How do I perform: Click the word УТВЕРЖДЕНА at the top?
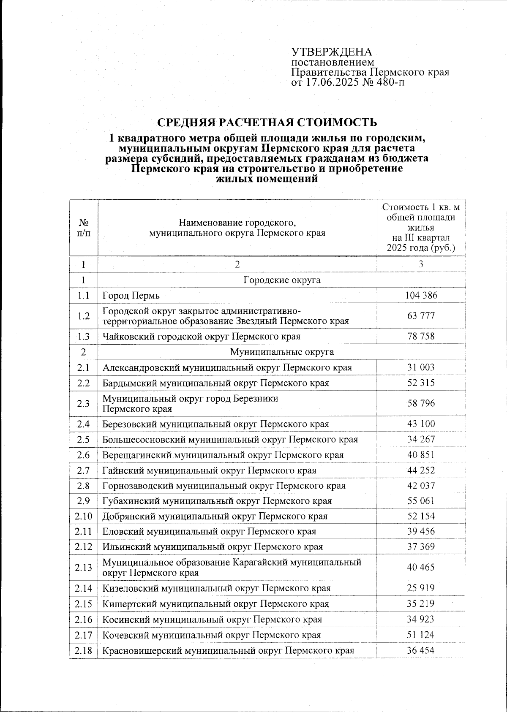(332, 52)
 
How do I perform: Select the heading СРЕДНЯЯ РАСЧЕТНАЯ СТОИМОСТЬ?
(267, 122)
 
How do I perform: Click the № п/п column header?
(84, 227)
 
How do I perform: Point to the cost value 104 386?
(421, 295)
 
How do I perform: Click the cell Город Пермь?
(131, 296)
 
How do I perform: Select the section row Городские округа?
(282, 280)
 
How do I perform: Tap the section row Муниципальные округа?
(282, 352)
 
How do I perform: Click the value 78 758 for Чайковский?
(421, 337)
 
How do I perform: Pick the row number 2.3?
(84, 403)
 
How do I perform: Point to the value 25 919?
(421, 588)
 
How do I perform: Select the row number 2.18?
(84, 650)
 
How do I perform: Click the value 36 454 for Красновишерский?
(421, 650)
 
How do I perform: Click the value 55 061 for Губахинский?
(421, 501)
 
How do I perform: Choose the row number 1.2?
(84, 316)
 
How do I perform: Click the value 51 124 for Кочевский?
(421, 635)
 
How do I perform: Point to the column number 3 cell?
(421, 264)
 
